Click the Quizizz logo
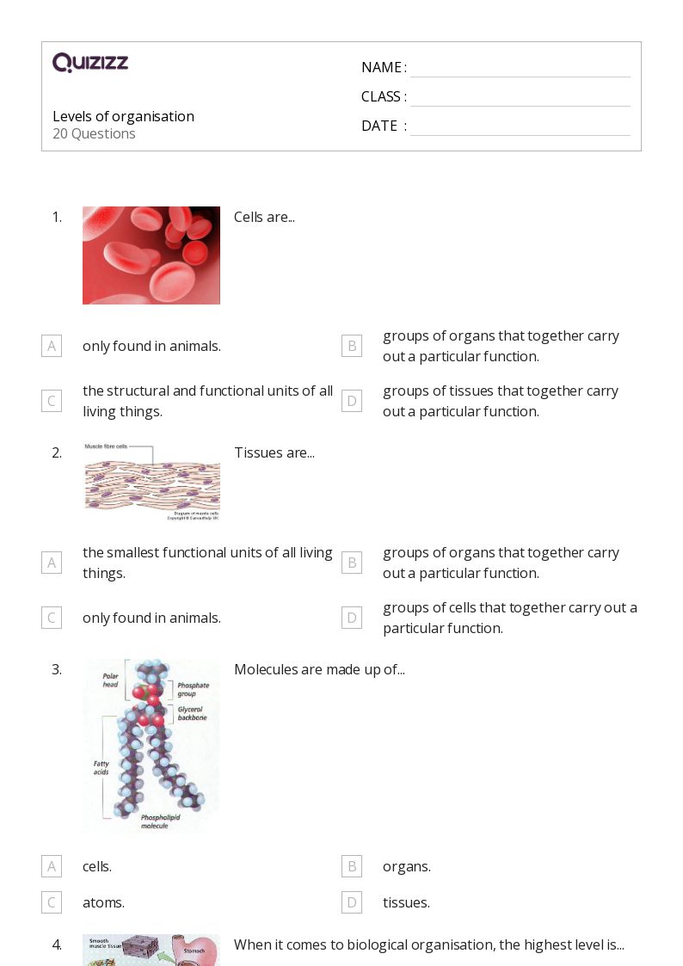click(x=90, y=63)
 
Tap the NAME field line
click(x=520, y=69)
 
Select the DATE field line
click(x=520, y=127)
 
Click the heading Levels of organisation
click(x=123, y=116)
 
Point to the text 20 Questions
click(x=94, y=134)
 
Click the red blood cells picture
click(x=151, y=255)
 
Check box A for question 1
click(x=52, y=346)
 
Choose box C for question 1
click(x=52, y=401)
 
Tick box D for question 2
click(x=352, y=618)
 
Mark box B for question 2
click(x=352, y=563)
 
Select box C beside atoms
click(x=52, y=902)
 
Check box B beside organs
click(x=352, y=866)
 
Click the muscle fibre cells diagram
click(x=152, y=482)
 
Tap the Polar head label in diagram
click(x=111, y=680)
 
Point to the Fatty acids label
click(x=102, y=767)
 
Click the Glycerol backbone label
click(x=193, y=712)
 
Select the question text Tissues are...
click(x=274, y=452)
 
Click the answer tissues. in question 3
click(x=406, y=902)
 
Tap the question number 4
click(x=57, y=944)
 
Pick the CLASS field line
click(x=520, y=98)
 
